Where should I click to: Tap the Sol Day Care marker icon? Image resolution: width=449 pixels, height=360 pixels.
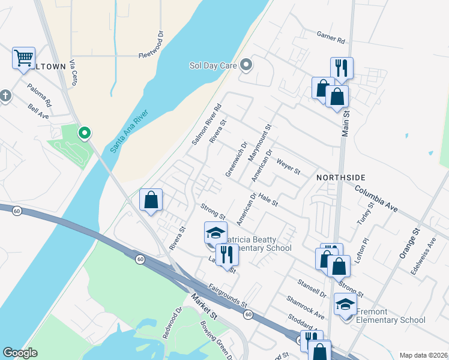tap(246, 64)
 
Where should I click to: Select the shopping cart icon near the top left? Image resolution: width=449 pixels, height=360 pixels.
tap(23, 58)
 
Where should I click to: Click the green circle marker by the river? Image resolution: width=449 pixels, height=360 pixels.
tap(85, 133)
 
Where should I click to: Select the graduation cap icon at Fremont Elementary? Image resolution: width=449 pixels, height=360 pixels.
tap(345, 305)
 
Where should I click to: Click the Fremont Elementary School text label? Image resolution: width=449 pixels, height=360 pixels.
tap(391, 316)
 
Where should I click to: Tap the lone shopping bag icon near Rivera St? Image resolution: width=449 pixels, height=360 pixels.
tap(151, 199)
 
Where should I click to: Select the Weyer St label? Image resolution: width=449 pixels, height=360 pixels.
tap(288, 166)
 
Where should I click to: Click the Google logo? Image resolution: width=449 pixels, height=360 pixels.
tap(20, 353)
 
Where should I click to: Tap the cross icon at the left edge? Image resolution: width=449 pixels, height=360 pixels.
tap(5, 95)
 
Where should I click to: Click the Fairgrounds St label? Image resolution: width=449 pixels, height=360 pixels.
tap(228, 296)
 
